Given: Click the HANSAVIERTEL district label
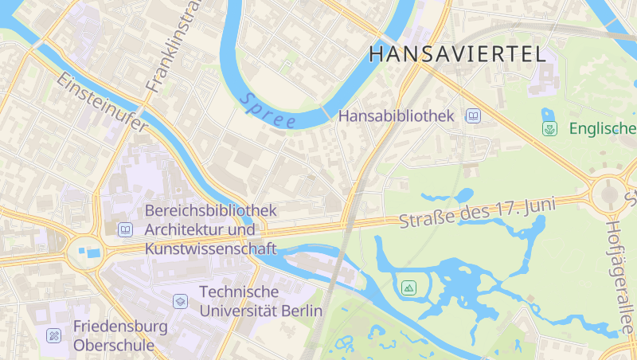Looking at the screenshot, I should (x=458, y=54).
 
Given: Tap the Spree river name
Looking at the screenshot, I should (x=268, y=112).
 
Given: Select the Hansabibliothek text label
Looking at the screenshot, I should (x=396, y=116).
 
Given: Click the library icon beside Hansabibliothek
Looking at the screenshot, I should (x=473, y=116).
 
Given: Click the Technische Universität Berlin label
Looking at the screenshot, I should (x=261, y=301).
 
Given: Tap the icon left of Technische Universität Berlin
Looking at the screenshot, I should (x=180, y=301).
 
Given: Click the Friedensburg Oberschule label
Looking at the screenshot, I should (x=120, y=335).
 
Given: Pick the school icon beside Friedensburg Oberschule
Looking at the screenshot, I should (x=54, y=335).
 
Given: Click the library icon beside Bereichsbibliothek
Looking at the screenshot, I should (x=125, y=230).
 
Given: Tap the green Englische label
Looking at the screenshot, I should (x=602, y=128).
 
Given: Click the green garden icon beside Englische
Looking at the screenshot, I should (x=549, y=128).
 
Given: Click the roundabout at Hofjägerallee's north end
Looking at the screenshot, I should (x=610, y=194).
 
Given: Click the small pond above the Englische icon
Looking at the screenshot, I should (x=547, y=113).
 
